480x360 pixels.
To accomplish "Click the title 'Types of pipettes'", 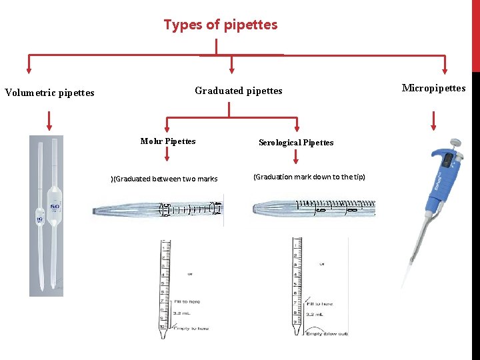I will click(220, 25).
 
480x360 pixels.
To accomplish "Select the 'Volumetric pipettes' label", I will click(49, 93).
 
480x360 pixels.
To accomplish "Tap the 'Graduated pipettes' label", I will click(238, 91).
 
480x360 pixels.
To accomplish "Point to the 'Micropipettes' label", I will click(433, 88).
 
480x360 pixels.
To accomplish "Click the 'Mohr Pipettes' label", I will click(168, 141).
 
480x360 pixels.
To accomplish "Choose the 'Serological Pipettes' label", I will click(296, 143).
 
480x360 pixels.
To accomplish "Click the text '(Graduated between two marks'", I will click(164, 179).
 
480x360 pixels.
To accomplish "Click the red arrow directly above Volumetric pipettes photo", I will click(49, 120).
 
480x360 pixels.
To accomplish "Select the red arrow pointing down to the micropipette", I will click(434, 120).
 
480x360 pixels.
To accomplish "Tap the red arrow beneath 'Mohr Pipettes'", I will click(167, 155).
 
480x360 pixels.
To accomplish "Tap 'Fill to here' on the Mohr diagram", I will click(187, 302).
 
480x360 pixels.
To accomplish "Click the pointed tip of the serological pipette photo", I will click(256, 209).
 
